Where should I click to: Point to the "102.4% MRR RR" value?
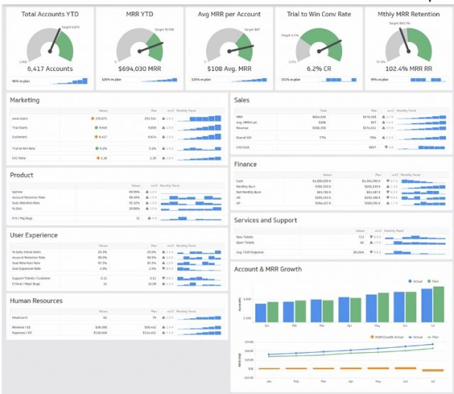(409, 70)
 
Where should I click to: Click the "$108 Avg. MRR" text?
(228, 70)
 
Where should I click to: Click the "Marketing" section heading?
(25, 101)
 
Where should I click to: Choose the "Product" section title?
(21, 174)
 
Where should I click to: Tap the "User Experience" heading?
(34, 235)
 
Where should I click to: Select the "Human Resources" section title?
(36, 300)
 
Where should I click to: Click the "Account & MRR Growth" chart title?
(267, 269)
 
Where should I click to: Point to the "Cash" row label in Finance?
(239, 181)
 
